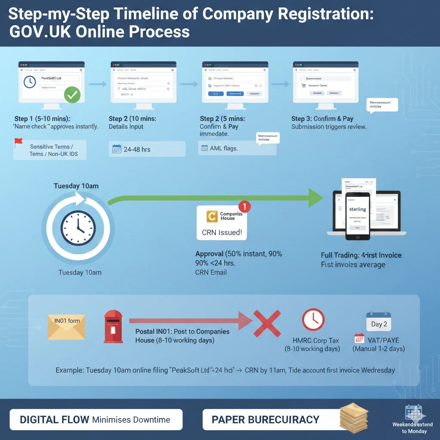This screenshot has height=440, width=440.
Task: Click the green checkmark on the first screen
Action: point(72,95)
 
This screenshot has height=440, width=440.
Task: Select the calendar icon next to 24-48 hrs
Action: point(116,149)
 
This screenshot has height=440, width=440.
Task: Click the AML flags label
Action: point(224,149)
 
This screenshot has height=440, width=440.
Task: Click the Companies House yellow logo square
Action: point(212,216)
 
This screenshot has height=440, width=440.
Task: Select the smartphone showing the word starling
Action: point(357,216)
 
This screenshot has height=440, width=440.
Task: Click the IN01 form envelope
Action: point(67,327)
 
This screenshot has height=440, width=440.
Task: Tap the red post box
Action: point(113,327)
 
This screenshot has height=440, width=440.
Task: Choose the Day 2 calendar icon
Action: point(379,321)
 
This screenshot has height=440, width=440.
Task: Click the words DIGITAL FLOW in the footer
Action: point(54,420)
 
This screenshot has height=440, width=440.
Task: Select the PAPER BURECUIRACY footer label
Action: point(265,420)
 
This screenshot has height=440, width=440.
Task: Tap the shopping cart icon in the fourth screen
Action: point(304,86)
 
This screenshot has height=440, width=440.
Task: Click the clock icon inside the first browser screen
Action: point(30,82)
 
